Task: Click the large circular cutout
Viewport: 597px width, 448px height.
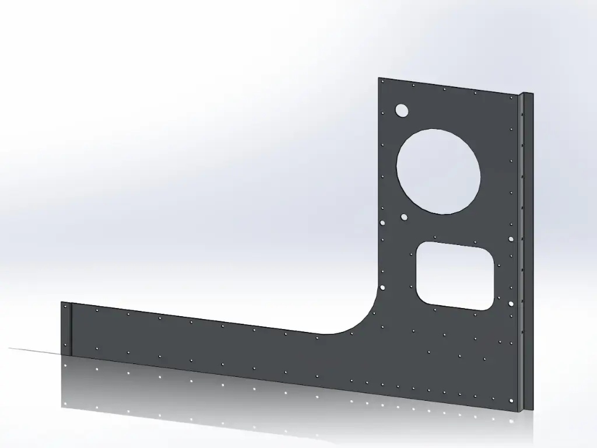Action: point(438,171)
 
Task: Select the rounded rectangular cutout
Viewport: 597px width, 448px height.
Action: point(455,275)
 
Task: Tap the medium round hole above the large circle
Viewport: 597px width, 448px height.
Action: point(401,110)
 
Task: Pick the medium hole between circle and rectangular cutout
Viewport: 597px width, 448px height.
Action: point(404,217)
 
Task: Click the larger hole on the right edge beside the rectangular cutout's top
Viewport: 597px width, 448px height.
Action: point(511,239)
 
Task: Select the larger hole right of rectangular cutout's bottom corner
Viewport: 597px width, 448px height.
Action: point(511,304)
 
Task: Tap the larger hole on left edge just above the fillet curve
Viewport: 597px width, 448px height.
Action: point(382,288)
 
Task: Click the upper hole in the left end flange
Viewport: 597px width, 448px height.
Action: point(65,306)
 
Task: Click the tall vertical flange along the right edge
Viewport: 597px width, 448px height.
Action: point(526,251)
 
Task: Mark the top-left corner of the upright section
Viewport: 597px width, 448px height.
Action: point(378,78)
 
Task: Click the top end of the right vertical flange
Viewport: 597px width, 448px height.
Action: point(526,94)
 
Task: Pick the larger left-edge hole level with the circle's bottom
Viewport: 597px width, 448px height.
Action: point(382,223)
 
